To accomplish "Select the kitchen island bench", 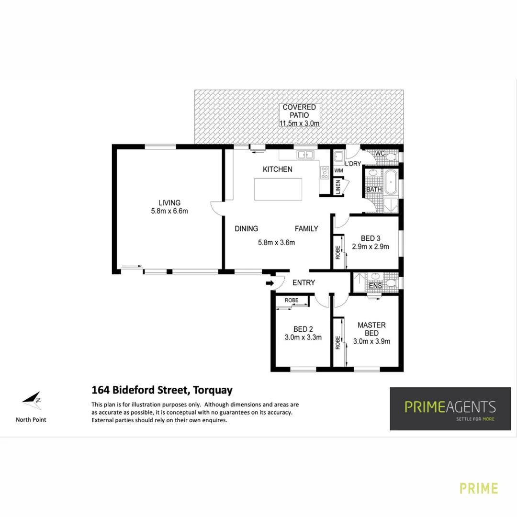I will click(x=278, y=189).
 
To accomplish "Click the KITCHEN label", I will click(x=277, y=169).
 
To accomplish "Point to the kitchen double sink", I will click(x=304, y=155).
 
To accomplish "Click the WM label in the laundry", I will click(x=338, y=170).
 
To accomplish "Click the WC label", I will click(x=381, y=153).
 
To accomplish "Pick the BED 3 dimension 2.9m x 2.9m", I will click(x=370, y=247).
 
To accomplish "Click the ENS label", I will click(x=376, y=286).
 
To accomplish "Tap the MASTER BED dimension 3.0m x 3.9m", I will click(x=371, y=341).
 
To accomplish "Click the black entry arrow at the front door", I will click(x=270, y=283).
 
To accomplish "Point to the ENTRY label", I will click(x=303, y=283).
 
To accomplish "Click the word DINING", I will click(x=246, y=229).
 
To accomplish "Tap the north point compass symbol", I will click(x=32, y=400).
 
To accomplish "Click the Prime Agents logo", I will click(x=450, y=408).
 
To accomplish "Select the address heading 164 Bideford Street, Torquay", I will click(x=162, y=390).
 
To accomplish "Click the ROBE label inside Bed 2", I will click(x=291, y=300).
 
